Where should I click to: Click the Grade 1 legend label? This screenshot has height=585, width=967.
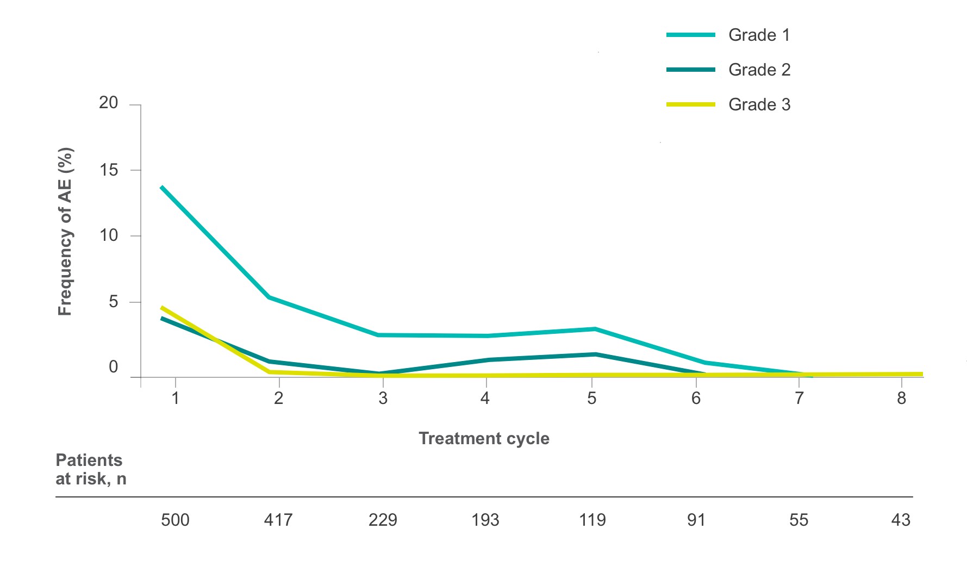[x=759, y=35]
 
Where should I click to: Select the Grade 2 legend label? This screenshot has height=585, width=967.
[x=759, y=70]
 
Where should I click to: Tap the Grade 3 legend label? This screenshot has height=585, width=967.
[x=759, y=105]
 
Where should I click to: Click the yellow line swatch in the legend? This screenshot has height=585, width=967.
[x=691, y=104]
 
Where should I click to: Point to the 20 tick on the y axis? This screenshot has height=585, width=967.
[x=109, y=103]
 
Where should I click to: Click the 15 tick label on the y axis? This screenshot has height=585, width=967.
[x=109, y=170]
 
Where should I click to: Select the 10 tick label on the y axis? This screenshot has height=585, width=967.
[x=109, y=235]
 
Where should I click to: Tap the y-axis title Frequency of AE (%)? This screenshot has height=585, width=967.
[x=65, y=232]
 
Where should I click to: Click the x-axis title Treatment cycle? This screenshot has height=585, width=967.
[x=484, y=438]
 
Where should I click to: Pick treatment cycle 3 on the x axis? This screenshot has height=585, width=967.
[x=383, y=399]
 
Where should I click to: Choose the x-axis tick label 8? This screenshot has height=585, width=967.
[x=901, y=399]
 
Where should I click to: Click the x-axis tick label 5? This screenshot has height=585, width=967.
[x=591, y=399]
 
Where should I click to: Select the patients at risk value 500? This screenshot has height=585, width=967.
[x=175, y=520]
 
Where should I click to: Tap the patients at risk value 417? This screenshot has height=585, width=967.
[x=278, y=520]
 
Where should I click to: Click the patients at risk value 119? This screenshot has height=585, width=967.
[x=592, y=520]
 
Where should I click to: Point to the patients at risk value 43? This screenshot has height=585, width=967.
[x=901, y=520]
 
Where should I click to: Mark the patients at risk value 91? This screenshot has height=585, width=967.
[x=696, y=520]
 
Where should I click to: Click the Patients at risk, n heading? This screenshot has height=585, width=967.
[x=90, y=469]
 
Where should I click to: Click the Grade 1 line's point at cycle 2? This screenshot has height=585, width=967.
[x=270, y=297]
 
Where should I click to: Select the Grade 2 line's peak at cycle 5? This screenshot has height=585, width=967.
[x=595, y=354]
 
